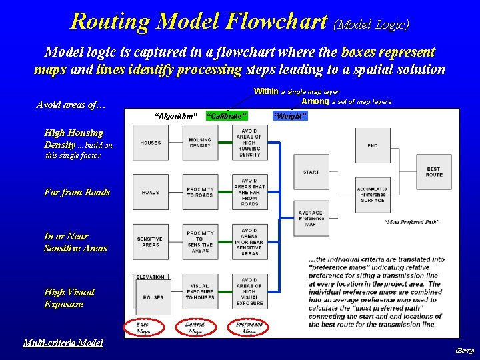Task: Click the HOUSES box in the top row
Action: click(151, 143)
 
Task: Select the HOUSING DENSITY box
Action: click(200, 143)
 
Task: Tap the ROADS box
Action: click(151, 192)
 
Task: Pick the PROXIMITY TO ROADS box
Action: click(200, 192)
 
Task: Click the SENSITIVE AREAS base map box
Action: click(151, 241)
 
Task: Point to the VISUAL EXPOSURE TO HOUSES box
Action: click(200, 291)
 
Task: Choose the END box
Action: click(373, 145)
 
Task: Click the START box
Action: click(311, 172)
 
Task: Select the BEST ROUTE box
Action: click(434, 172)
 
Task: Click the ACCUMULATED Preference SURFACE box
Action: click(373, 194)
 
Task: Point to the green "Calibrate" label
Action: click(227, 117)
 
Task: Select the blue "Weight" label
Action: click(290, 117)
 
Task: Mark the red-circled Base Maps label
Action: click(143, 327)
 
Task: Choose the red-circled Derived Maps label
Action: click(195, 327)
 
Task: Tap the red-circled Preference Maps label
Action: click(249, 327)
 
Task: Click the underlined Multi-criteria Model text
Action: click(63, 343)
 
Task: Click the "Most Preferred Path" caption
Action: click(411, 222)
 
